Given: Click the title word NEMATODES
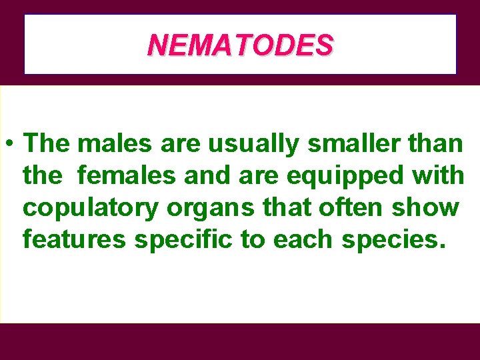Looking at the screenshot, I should [x=240, y=45].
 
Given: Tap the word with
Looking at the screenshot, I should [x=438, y=175].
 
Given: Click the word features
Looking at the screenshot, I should [x=73, y=239].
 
